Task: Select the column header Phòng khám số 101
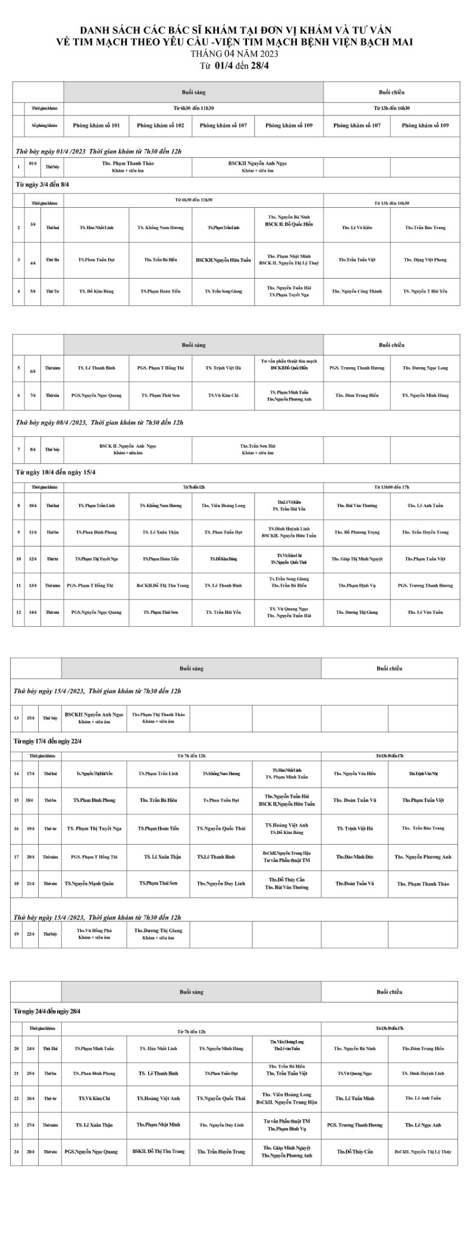tap(96, 126)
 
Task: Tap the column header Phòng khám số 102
tap(160, 126)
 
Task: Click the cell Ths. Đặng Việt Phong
tap(425, 260)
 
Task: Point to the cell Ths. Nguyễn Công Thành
tap(357, 292)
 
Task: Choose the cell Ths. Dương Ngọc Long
tap(425, 368)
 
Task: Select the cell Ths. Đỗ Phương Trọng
tap(357, 532)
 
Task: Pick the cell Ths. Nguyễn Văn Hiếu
tap(355, 773)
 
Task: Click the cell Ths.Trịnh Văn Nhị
tap(423, 773)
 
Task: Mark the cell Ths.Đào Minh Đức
tap(355, 857)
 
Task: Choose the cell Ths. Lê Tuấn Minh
tap(355, 1098)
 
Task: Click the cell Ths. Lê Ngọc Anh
tap(423, 1125)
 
